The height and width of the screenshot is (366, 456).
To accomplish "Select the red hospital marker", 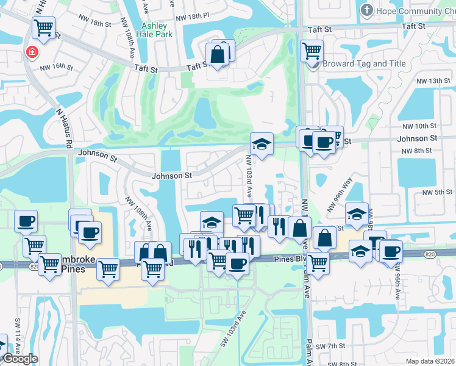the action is [x=31, y=52].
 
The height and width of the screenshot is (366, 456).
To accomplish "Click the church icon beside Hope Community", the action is [x=366, y=10].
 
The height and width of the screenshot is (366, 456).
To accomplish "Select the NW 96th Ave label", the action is [x=397, y=281].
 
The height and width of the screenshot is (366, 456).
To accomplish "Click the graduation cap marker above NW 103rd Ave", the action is [x=262, y=144].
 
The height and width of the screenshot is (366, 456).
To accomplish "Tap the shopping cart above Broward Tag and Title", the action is [x=312, y=51].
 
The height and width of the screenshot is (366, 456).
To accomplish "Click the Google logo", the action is [x=20, y=358].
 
